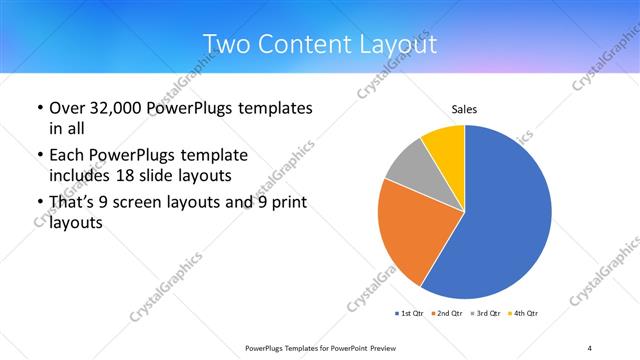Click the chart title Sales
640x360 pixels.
[x=464, y=108]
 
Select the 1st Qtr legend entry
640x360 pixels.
[x=409, y=314]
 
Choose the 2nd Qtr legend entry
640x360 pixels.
[x=447, y=314]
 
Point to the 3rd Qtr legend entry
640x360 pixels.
[x=485, y=314]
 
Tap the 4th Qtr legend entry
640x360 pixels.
[x=523, y=314]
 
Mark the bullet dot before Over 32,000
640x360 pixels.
[x=39, y=107]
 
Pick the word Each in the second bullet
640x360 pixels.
[x=68, y=155]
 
